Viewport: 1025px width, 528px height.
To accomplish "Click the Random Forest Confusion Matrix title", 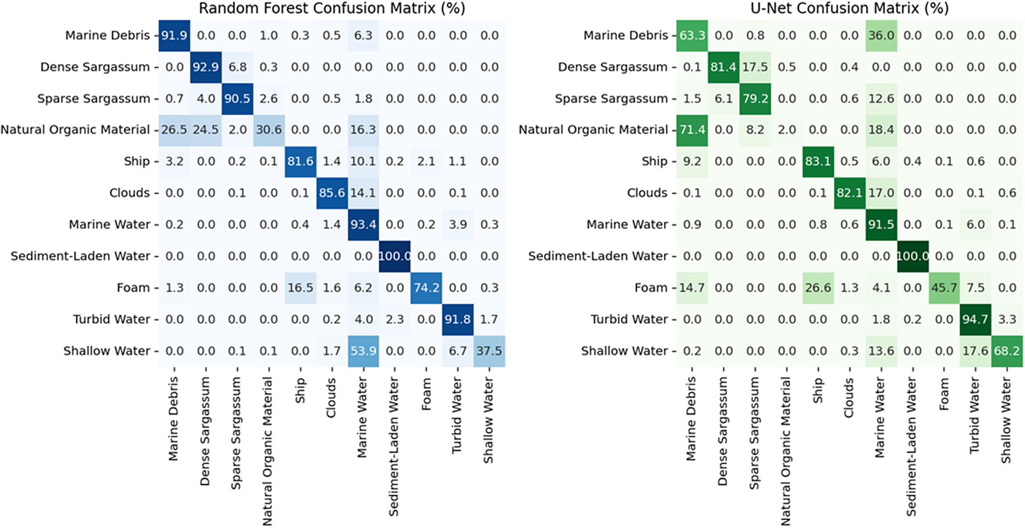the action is click(332, 8).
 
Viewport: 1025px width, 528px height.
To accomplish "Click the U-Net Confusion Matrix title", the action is click(849, 8).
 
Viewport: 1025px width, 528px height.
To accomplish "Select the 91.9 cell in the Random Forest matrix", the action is click(175, 35).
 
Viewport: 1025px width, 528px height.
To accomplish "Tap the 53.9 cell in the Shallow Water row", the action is click(363, 351).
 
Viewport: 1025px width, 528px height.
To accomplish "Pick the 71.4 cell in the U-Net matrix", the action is click(692, 130).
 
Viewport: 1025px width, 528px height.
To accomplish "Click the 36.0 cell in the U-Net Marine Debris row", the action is click(881, 35).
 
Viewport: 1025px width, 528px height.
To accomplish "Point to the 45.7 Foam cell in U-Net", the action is click(944, 287).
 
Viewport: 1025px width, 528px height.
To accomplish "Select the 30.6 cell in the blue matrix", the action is click(269, 130).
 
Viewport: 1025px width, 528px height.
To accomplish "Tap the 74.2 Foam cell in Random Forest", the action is click(426, 287).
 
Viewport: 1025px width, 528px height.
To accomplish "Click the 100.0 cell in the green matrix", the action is click(913, 256).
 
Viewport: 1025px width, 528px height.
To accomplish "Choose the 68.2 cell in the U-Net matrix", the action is click(1007, 351).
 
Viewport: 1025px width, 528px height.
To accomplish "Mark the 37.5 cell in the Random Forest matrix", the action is click(489, 351).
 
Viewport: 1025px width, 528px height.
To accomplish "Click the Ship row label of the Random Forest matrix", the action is click(137, 161).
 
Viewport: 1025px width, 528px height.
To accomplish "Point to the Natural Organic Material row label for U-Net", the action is click(593, 130).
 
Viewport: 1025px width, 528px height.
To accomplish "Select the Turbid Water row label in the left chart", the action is click(111, 319).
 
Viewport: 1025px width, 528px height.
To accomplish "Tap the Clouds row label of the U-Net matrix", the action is click(647, 193).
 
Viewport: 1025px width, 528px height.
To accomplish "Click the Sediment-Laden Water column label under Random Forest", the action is click(394, 446).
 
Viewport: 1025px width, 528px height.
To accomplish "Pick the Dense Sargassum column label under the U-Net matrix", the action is click(723, 431).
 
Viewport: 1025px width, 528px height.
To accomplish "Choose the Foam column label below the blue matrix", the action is click(426, 394).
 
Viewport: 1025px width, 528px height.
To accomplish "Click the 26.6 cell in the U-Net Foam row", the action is click(818, 287).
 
